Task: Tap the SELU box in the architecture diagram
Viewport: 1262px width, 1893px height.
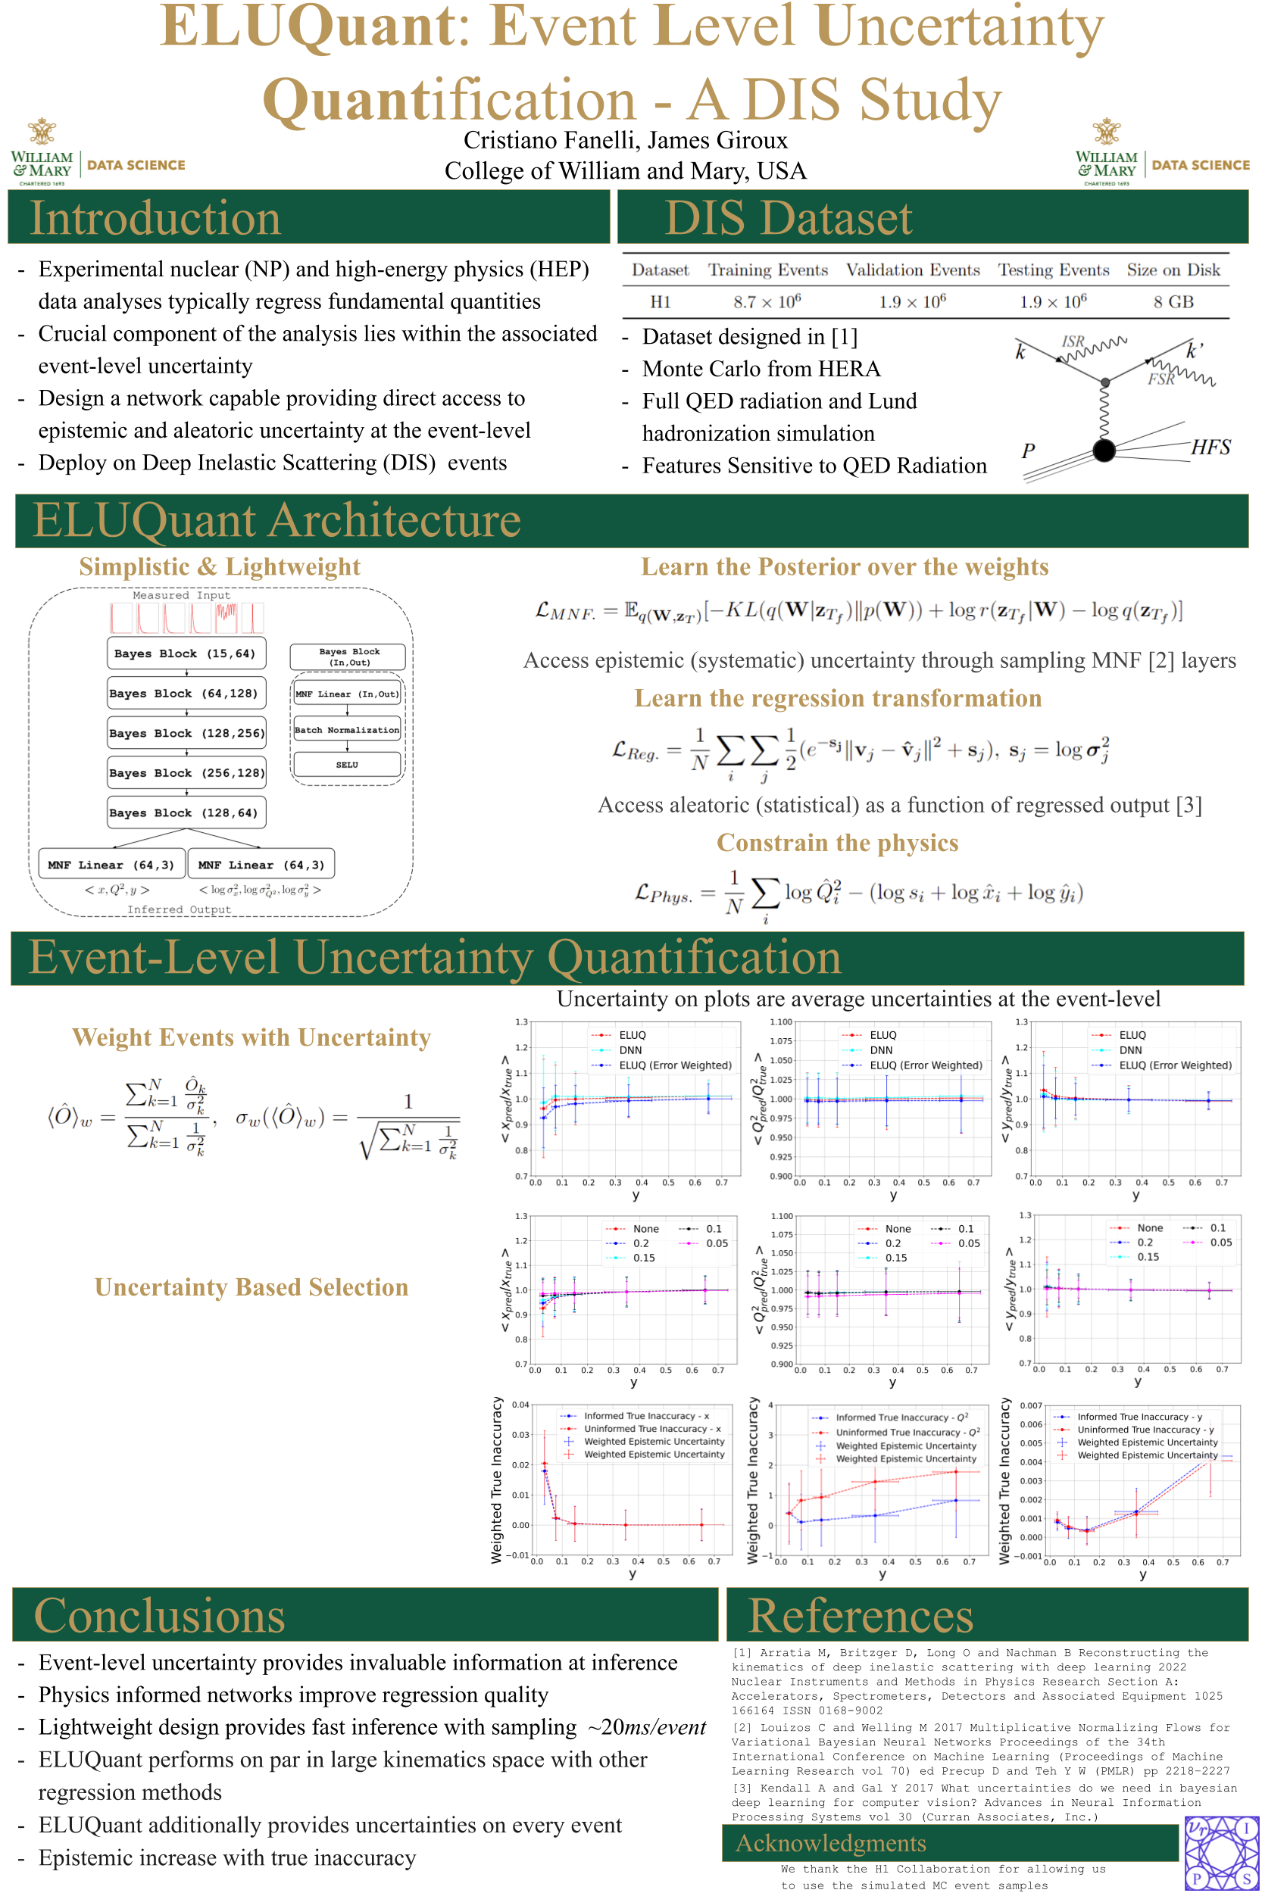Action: point(347,764)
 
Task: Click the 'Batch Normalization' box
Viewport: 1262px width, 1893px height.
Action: point(347,730)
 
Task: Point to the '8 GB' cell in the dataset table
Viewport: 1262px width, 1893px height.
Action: point(1173,301)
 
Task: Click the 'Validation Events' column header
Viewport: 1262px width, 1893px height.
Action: point(912,270)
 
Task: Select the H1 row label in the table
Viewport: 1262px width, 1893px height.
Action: point(660,301)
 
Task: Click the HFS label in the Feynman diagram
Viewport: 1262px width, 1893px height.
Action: point(1210,448)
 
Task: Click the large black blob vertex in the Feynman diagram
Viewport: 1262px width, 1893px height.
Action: point(1104,451)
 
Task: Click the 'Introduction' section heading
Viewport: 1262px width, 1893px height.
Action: point(155,218)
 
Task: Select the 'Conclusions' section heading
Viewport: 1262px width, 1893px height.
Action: point(159,1615)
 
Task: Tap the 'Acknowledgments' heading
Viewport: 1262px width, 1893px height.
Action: point(830,1843)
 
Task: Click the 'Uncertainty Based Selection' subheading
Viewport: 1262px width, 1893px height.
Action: point(251,1287)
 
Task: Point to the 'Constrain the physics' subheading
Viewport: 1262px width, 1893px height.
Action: point(837,842)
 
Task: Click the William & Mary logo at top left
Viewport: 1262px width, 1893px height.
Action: point(42,153)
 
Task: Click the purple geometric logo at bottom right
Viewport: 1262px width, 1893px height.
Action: point(1222,1853)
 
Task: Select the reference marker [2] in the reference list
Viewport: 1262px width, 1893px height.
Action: point(742,1727)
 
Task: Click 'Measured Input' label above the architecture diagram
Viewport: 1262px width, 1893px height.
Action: point(181,595)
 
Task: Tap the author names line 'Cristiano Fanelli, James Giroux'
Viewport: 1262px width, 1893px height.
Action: point(626,141)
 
